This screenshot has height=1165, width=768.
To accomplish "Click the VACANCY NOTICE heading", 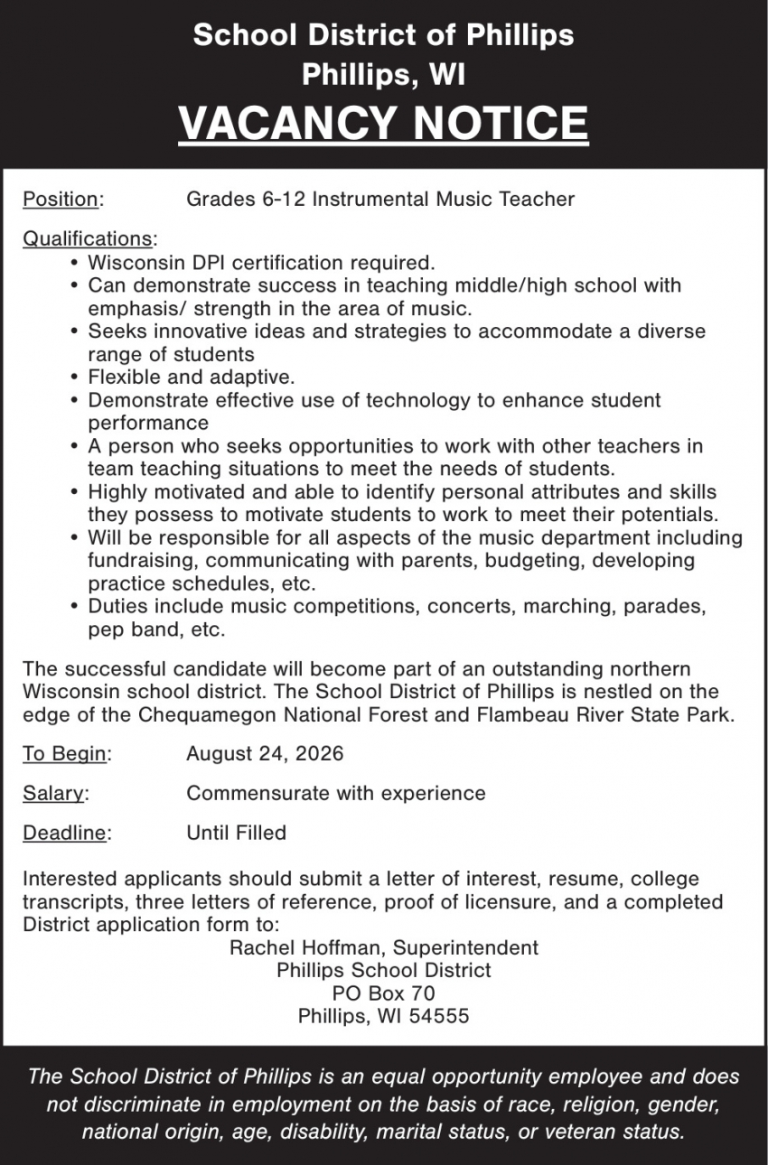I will pos(383,123).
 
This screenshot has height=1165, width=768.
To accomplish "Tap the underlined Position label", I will pos(61,199).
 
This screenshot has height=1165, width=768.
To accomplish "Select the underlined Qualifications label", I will pos(88,239).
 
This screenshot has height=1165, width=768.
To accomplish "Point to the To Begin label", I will pos(64,754).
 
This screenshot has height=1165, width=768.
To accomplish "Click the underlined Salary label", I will pos(53,794).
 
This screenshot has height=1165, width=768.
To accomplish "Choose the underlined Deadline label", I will pos(64,834).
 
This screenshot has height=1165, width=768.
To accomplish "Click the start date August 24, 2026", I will pos(265,754).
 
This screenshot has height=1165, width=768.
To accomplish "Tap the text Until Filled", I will pos(236,834).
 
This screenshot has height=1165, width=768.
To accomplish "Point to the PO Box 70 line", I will pos(383,993).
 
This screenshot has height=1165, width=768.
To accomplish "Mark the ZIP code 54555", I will pos(438,1016).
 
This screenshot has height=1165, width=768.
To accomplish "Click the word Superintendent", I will pos(464,948).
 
